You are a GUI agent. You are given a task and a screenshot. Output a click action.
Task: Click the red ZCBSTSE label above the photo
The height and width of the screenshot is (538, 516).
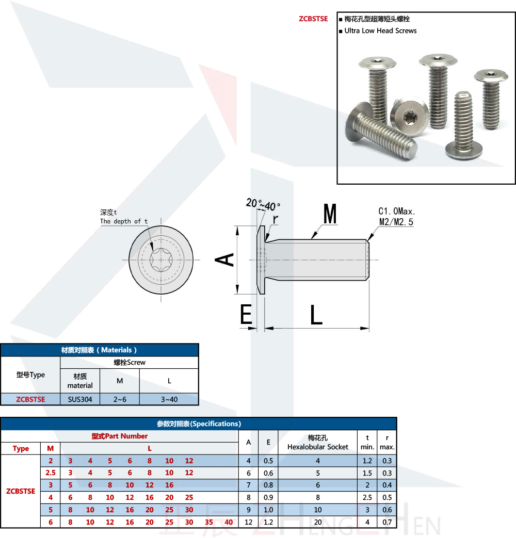[x=313, y=19]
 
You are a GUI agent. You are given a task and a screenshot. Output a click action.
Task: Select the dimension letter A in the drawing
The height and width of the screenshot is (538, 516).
[x=225, y=259]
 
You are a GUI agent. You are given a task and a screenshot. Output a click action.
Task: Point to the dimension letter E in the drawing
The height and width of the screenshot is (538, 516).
[x=246, y=315]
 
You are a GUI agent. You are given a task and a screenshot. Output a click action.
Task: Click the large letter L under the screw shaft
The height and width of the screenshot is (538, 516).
[x=316, y=315]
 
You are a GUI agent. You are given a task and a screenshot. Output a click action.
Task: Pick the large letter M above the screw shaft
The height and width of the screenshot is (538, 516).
[x=330, y=214]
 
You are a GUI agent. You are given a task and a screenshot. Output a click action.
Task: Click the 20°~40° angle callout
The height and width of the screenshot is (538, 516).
[x=267, y=205]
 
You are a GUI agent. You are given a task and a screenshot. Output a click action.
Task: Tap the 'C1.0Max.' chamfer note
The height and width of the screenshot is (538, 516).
[x=397, y=211]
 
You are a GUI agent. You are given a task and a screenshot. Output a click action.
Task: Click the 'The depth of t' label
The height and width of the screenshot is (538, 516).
[x=124, y=221]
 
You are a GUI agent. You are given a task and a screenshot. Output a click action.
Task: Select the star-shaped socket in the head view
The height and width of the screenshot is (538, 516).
[x=161, y=259]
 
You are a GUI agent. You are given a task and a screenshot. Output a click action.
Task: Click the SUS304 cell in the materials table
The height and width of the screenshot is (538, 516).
[x=80, y=399]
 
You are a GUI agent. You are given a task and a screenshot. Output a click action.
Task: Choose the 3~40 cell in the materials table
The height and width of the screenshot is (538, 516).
[x=169, y=399]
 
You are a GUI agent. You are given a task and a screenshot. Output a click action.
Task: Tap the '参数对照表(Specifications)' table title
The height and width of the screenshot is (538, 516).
[x=199, y=423]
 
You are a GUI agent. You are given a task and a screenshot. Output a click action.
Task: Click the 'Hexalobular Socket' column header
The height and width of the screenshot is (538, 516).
[x=318, y=447]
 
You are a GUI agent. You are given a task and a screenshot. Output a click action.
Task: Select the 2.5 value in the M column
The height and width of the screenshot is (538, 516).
[x=51, y=473]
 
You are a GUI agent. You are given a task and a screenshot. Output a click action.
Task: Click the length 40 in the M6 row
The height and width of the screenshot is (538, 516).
[x=229, y=523]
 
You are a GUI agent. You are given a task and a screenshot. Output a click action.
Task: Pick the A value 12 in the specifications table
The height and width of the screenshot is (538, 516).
[x=249, y=523]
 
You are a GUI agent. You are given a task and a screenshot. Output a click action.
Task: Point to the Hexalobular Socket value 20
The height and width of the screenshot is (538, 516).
[x=318, y=523]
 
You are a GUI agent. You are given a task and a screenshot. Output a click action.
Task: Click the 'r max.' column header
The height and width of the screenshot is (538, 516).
[x=387, y=443]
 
